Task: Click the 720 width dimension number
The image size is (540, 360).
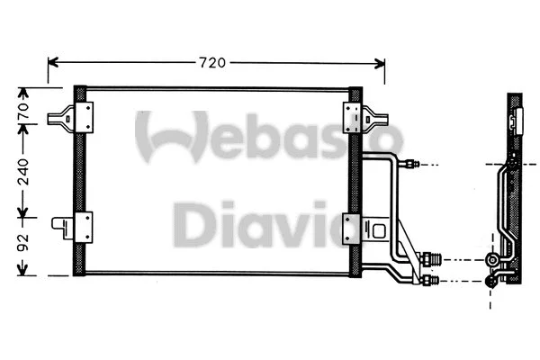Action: pyautogui.click(x=211, y=63)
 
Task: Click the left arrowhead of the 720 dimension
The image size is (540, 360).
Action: pyautogui.click(x=52, y=63)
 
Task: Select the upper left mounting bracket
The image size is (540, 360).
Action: pyautogui.click(x=74, y=116)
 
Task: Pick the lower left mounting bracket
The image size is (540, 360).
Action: pyautogui.click(x=74, y=226)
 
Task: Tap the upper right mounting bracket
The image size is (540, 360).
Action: pyautogui.click(x=363, y=116)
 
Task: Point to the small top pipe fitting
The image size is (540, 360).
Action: pyautogui.click(x=411, y=165)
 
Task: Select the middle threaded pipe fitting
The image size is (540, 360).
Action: pyautogui.click(x=431, y=260)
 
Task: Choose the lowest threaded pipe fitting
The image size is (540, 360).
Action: pyautogui.click(x=429, y=282)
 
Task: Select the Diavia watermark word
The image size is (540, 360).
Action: pyautogui.click(x=261, y=223)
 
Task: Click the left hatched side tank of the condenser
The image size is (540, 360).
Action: pyautogui.click(x=79, y=180)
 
